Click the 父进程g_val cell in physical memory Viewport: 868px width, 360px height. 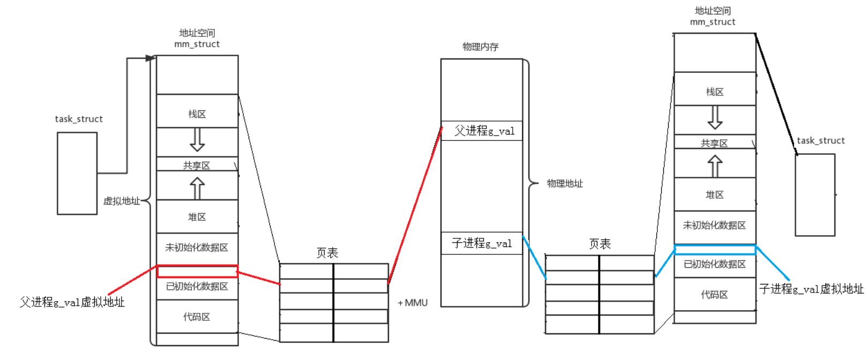point(481,131)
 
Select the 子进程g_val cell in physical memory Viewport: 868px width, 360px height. point(481,243)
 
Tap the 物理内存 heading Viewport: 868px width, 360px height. point(480,47)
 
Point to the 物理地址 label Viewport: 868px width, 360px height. point(564,184)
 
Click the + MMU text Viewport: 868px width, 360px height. point(413,303)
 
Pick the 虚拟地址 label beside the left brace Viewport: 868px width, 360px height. point(121,201)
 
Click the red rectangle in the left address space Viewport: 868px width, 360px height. point(197,272)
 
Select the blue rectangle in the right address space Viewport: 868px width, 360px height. point(715,250)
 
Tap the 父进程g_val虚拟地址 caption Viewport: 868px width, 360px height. point(72,303)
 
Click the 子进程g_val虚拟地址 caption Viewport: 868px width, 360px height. point(811,289)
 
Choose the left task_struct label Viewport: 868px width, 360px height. point(79,119)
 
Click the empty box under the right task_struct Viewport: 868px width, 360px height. point(814,195)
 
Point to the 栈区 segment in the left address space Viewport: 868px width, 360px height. point(197,114)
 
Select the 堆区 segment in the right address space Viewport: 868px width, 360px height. point(715,195)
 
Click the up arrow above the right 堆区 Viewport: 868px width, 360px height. point(715,166)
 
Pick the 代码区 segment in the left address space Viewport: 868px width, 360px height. point(197,317)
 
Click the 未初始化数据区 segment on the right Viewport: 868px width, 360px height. point(715,226)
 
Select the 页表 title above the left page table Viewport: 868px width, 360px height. point(327,253)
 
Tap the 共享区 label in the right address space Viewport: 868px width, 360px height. point(715,143)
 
